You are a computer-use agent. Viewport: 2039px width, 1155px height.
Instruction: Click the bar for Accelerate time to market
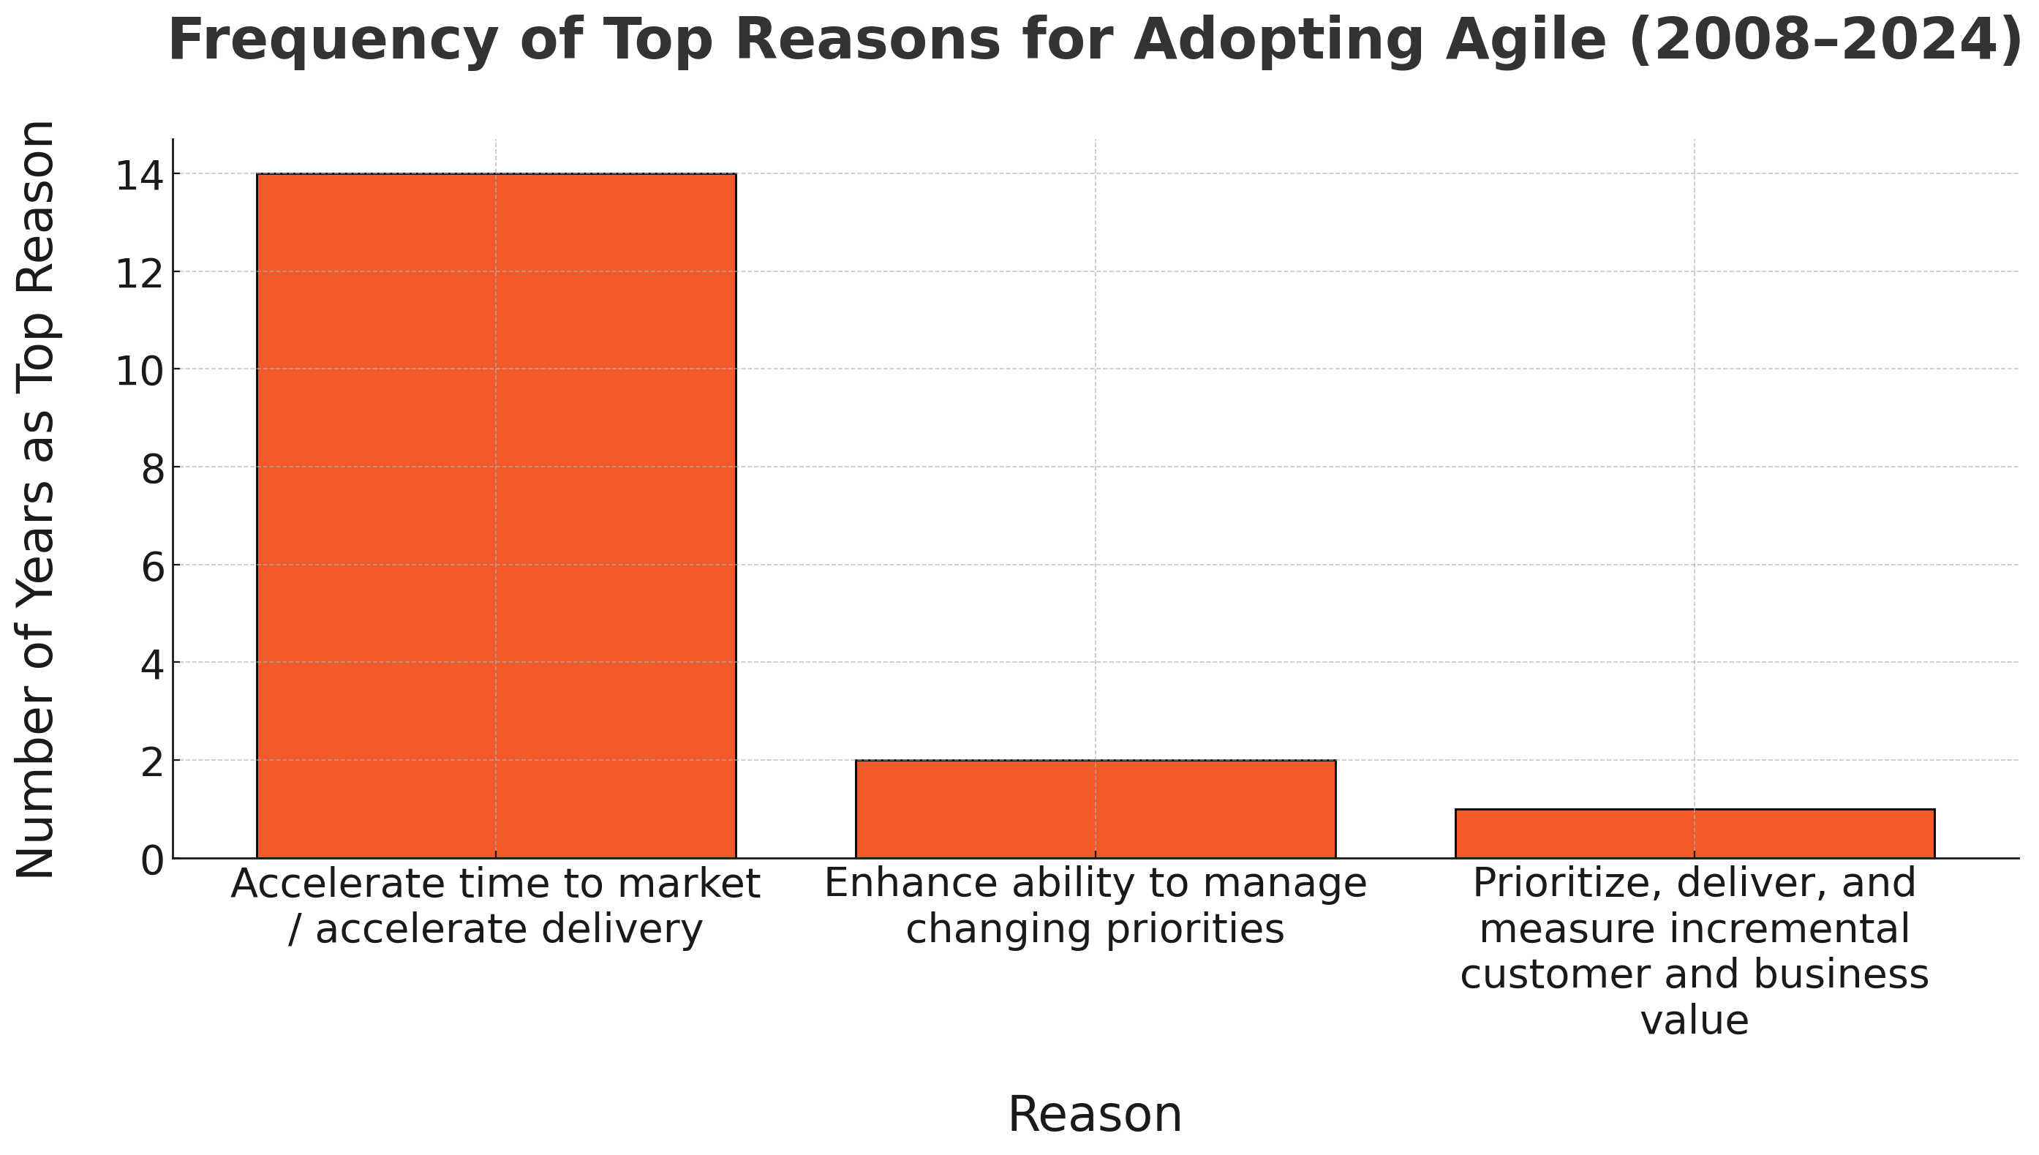[496, 516]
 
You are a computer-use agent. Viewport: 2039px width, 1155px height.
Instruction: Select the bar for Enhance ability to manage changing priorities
[1096, 808]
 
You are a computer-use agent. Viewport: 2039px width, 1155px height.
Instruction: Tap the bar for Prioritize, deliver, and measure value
[1695, 833]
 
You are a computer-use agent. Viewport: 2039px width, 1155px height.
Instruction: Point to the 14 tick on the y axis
[140, 175]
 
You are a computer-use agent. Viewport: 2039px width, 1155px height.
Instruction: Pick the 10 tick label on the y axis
[140, 370]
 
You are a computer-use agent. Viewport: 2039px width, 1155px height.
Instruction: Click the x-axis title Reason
[1094, 1115]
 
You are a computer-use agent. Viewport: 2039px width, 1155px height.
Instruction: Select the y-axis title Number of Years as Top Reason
[36, 500]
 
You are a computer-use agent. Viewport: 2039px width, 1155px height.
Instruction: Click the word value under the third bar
[1694, 1020]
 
